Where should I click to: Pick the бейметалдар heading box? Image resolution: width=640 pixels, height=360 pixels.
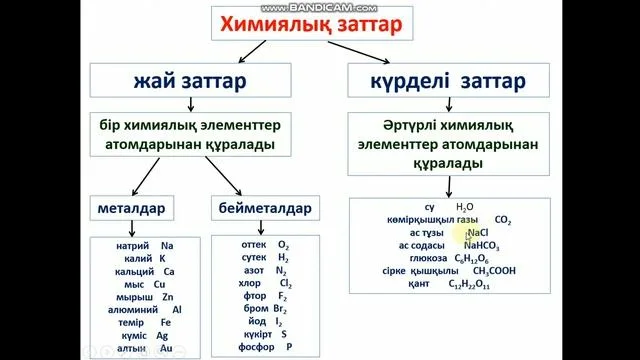(x=264, y=209)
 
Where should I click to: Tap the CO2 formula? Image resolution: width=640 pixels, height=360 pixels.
(x=502, y=219)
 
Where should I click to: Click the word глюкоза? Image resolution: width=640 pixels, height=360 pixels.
(x=427, y=258)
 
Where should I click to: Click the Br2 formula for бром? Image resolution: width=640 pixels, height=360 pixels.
(x=282, y=310)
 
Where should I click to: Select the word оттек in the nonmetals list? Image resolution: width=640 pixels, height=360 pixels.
(x=255, y=244)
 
